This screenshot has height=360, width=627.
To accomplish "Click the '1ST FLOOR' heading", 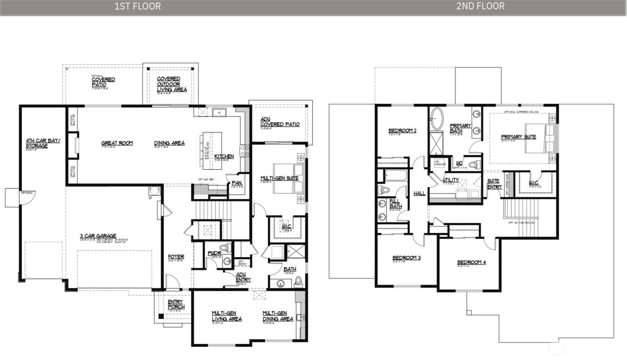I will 137,6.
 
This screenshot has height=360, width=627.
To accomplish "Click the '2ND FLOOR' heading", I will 481,6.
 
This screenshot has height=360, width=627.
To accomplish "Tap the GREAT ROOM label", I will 117,143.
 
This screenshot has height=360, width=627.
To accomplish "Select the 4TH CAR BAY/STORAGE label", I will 37,143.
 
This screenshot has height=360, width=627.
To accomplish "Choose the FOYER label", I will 176,257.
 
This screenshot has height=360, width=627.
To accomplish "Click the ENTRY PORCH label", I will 176,304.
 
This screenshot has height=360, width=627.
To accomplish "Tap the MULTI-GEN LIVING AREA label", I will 227,316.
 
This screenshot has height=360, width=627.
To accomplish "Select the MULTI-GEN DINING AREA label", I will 278,316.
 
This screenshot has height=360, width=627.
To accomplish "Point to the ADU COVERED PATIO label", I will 280,122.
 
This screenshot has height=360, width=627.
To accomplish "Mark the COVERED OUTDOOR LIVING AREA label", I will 172,84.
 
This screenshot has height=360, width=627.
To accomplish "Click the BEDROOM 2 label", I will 402,131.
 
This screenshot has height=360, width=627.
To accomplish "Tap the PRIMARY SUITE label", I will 518,137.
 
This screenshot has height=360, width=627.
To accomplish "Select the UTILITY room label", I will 450,180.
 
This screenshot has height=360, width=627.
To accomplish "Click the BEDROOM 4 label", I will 471,262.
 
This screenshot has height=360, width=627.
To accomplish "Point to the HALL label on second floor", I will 420,193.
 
